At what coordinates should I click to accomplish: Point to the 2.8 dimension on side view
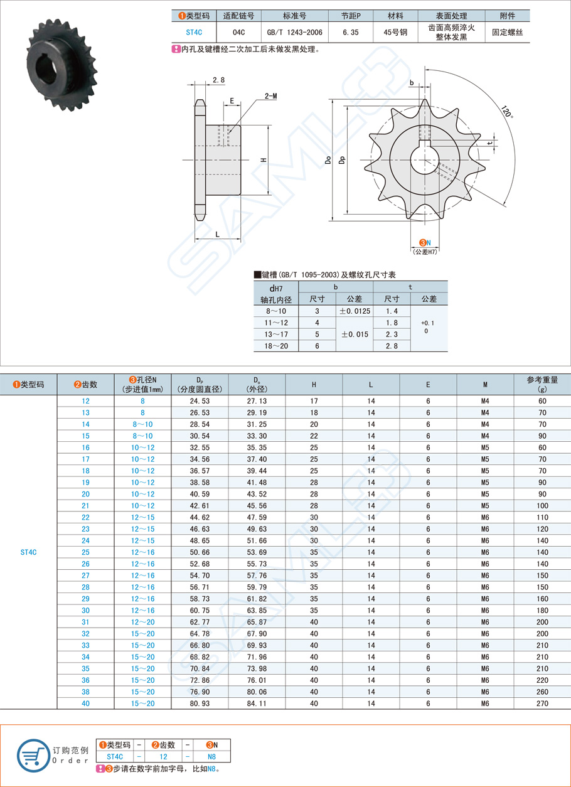click(x=218, y=80)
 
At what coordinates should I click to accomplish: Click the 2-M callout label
click(x=271, y=95)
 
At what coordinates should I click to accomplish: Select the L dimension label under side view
click(x=217, y=234)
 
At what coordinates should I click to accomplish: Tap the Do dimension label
click(x=328, y=161)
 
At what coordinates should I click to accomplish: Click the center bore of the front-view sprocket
click(x=425, y=161)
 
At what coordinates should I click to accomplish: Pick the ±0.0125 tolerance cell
click(x=355, y=311)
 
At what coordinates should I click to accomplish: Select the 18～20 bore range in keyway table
click(x=276, y=345)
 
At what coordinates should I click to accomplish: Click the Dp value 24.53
click(x=200, y=401)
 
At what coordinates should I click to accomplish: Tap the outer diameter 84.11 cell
click(x=257, y=704)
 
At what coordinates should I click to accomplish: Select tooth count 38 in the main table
click(x=85, y=692)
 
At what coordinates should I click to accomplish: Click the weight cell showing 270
click(x=542, y=704)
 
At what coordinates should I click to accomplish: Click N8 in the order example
click(x=212, y=756)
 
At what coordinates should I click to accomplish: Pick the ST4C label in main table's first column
click(x=28, y=552)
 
